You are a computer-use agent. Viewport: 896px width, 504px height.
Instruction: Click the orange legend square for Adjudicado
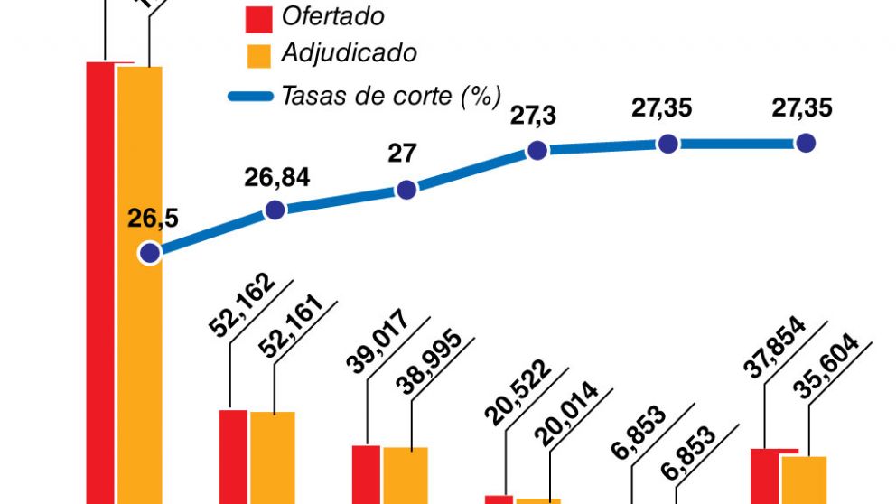[x=258, y=53]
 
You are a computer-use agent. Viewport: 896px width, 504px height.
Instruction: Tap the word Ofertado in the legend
[x=332, y=16]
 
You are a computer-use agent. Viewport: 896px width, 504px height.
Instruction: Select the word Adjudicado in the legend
[x=349, y=52]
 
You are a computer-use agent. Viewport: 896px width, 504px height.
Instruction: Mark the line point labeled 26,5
[x=149, y=253]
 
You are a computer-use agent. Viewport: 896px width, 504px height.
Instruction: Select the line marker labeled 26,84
[x=275, y=210]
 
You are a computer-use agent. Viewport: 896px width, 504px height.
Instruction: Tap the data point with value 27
[x=406, y=190]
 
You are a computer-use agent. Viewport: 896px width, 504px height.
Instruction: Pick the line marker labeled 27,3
[x=537, y=151]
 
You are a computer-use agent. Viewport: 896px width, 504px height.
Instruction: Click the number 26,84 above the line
[x=276, y=177]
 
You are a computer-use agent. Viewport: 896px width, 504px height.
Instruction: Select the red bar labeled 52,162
[x=233, y=456]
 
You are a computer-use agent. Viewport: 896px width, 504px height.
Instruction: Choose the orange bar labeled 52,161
[x=273, y=457]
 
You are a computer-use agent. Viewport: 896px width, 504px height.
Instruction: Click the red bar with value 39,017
[x=366, y=474]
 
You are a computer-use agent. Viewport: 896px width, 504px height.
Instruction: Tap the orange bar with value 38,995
[x=406, y=475]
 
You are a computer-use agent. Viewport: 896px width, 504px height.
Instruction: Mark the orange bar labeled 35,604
[x=804, y=480]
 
